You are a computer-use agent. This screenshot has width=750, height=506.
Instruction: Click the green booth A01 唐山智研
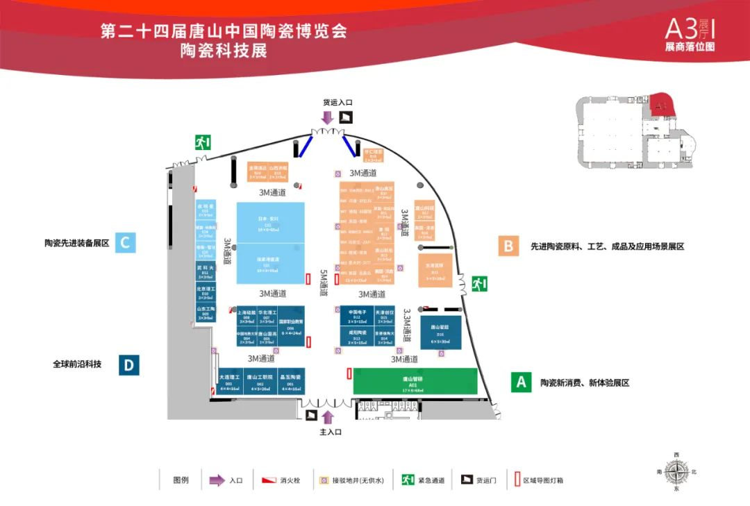tap(415, 381)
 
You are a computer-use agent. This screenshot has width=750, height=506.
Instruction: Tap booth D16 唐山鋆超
tap(440, 332)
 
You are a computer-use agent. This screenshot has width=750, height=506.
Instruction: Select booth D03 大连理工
tap(229, 382)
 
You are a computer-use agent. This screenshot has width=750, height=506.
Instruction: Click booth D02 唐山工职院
tap(259, 382)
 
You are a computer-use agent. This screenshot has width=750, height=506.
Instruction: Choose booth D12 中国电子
tap(357, 316)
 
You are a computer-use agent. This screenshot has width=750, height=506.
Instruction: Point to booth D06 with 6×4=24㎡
tap(291, 325)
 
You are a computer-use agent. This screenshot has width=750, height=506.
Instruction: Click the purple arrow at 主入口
tap(328, 417)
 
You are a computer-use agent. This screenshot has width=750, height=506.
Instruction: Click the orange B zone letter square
tap(508, 246)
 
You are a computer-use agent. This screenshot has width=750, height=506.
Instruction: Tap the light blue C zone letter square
tap(125, 242)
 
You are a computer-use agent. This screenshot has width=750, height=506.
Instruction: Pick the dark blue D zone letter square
tap(128, 365)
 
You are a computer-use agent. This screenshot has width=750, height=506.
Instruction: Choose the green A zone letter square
tap(521, 382)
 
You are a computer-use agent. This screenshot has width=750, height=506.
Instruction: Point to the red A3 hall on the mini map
tap(660, 105)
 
